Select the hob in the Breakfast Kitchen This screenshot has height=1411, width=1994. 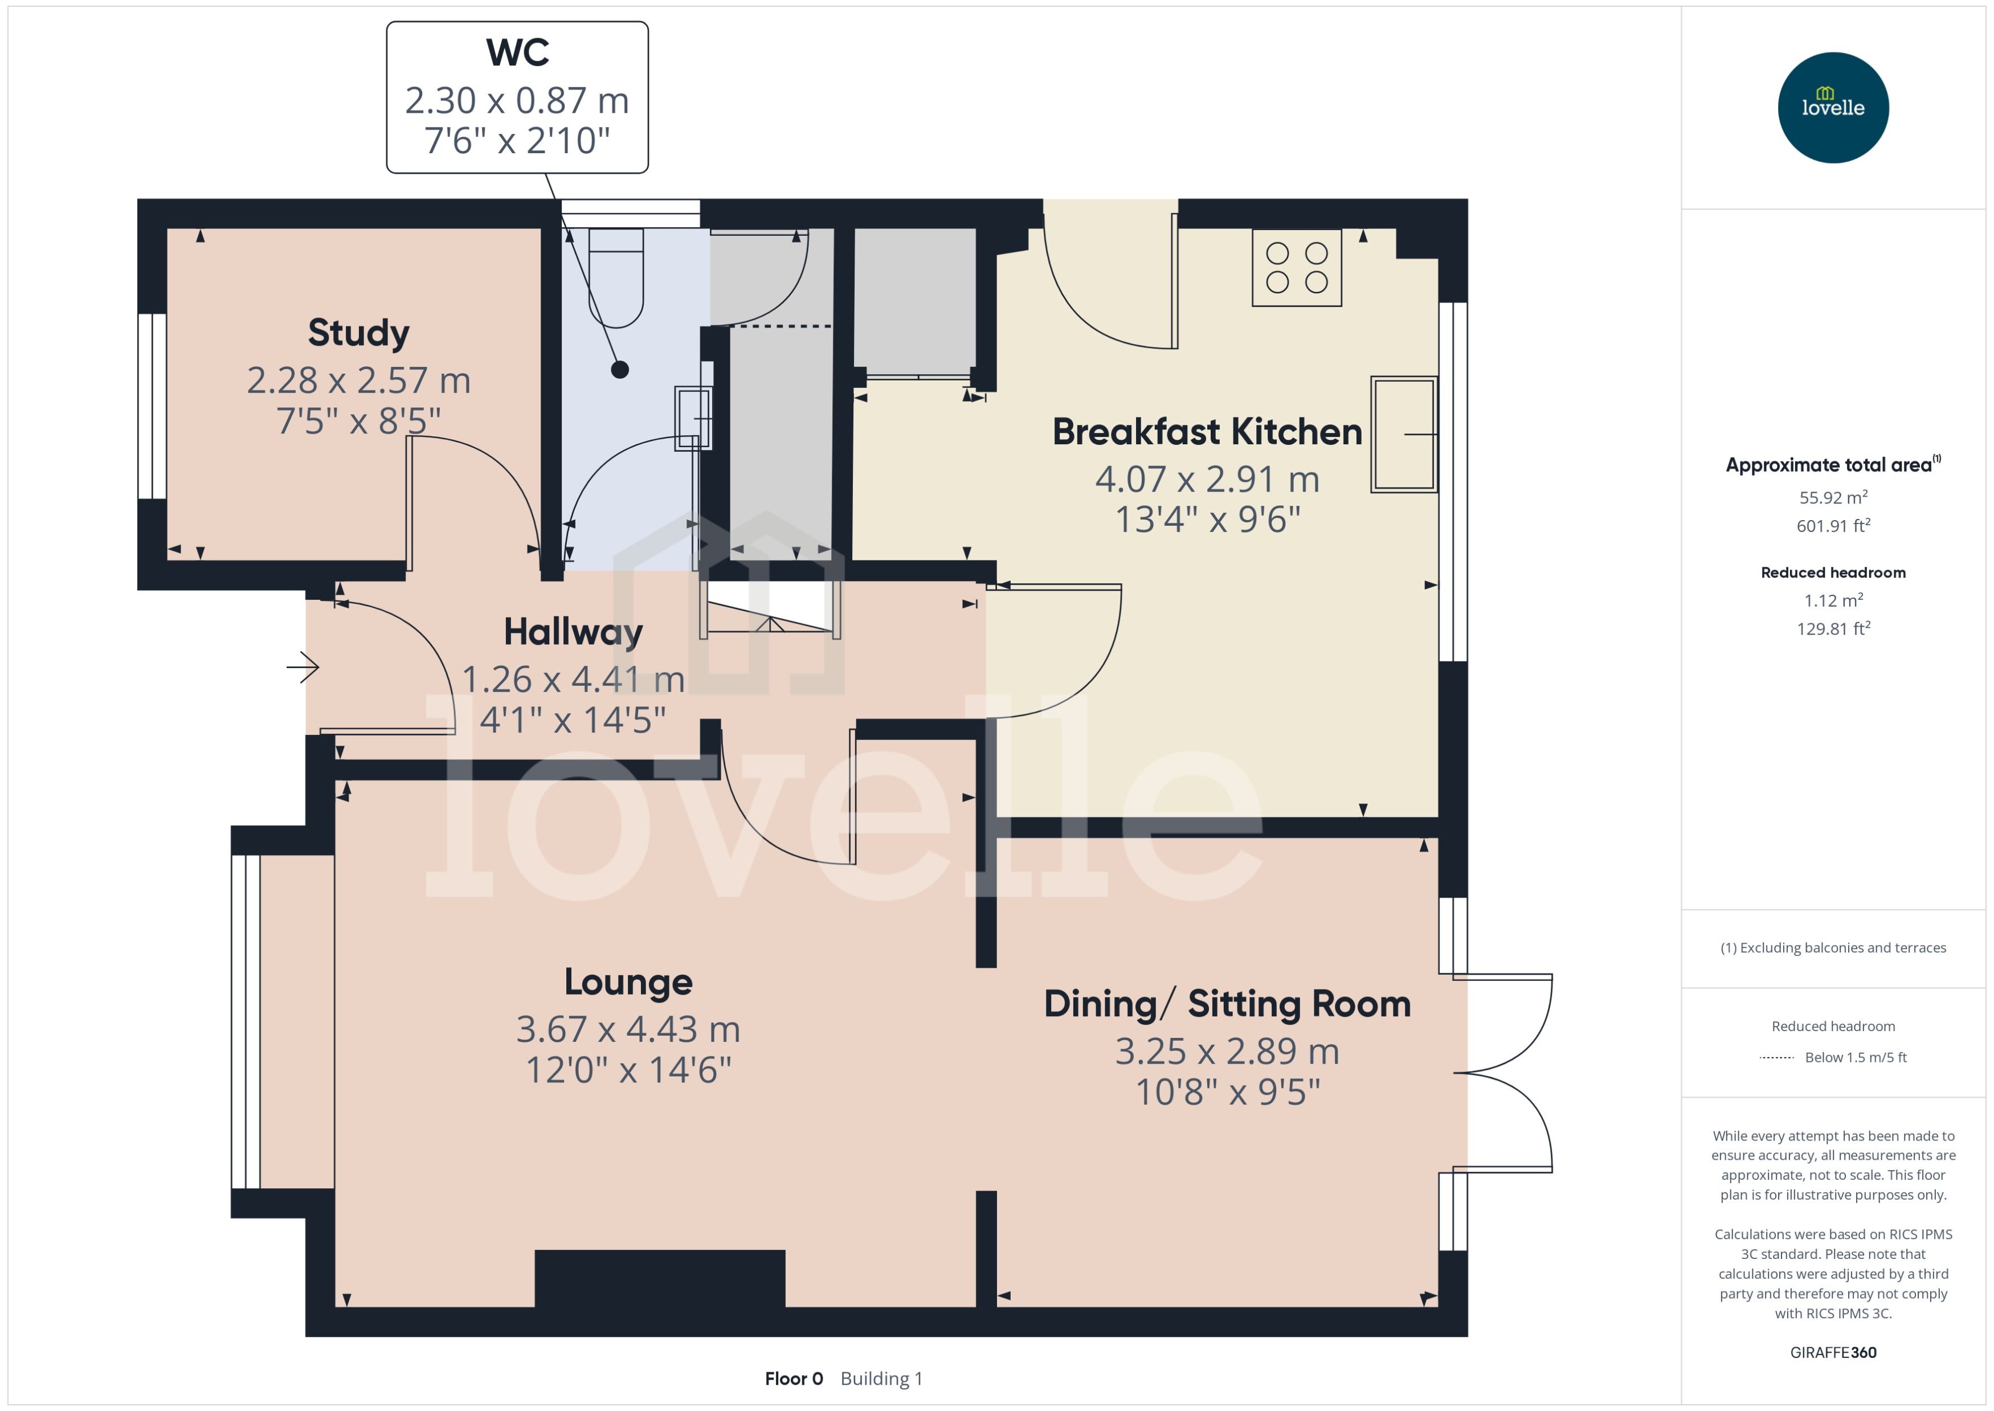tap(1296, 268)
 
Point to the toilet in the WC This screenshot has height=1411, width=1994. tap(616, 276)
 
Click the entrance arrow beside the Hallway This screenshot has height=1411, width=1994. tap(303, 667)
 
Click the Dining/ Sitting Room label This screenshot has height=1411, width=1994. tap(1226, 1004)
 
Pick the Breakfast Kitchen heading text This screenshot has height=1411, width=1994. tap(1206, 432)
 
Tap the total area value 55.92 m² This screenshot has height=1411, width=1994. tap(1832, 498)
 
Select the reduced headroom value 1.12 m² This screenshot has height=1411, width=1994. tap(1832, 600)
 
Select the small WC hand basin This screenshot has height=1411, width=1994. tap(692, 418)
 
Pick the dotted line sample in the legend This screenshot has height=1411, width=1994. tap(1776, 1057)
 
